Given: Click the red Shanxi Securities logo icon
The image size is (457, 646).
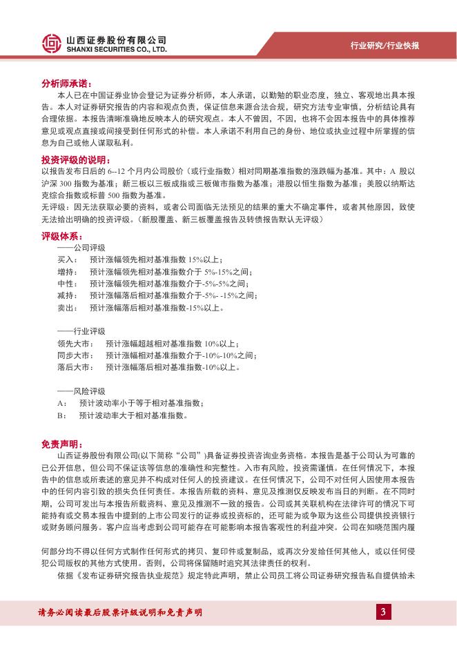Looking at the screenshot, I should [x=50, y=44].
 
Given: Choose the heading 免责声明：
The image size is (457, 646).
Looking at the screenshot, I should [x=61, y=445].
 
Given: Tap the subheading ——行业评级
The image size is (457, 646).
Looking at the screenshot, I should [x=81, y=331].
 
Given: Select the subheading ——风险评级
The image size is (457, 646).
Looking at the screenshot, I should [x=81, y=391].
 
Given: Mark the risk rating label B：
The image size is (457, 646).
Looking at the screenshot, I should [x=62, y=415].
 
